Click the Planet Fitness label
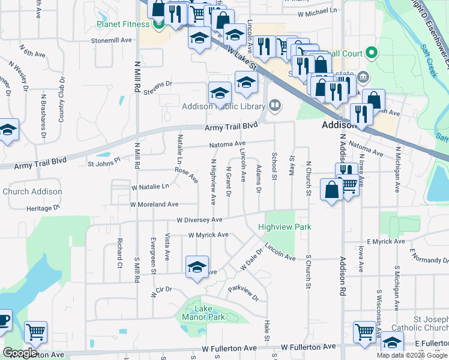pos(122,25)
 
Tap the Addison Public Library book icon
pos(275,106)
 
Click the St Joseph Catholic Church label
pos(420,323)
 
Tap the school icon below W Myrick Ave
pos(197,268)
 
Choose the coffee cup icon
pos(3,320)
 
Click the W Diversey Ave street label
pos(199,220)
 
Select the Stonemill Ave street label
pos(111,40)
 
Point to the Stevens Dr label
pos(157,85)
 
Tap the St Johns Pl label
pos(104,162)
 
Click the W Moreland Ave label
pos(155,205)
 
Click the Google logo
pos(20,353)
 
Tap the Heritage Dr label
pos(44,208)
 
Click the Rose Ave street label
pos(186,174)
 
